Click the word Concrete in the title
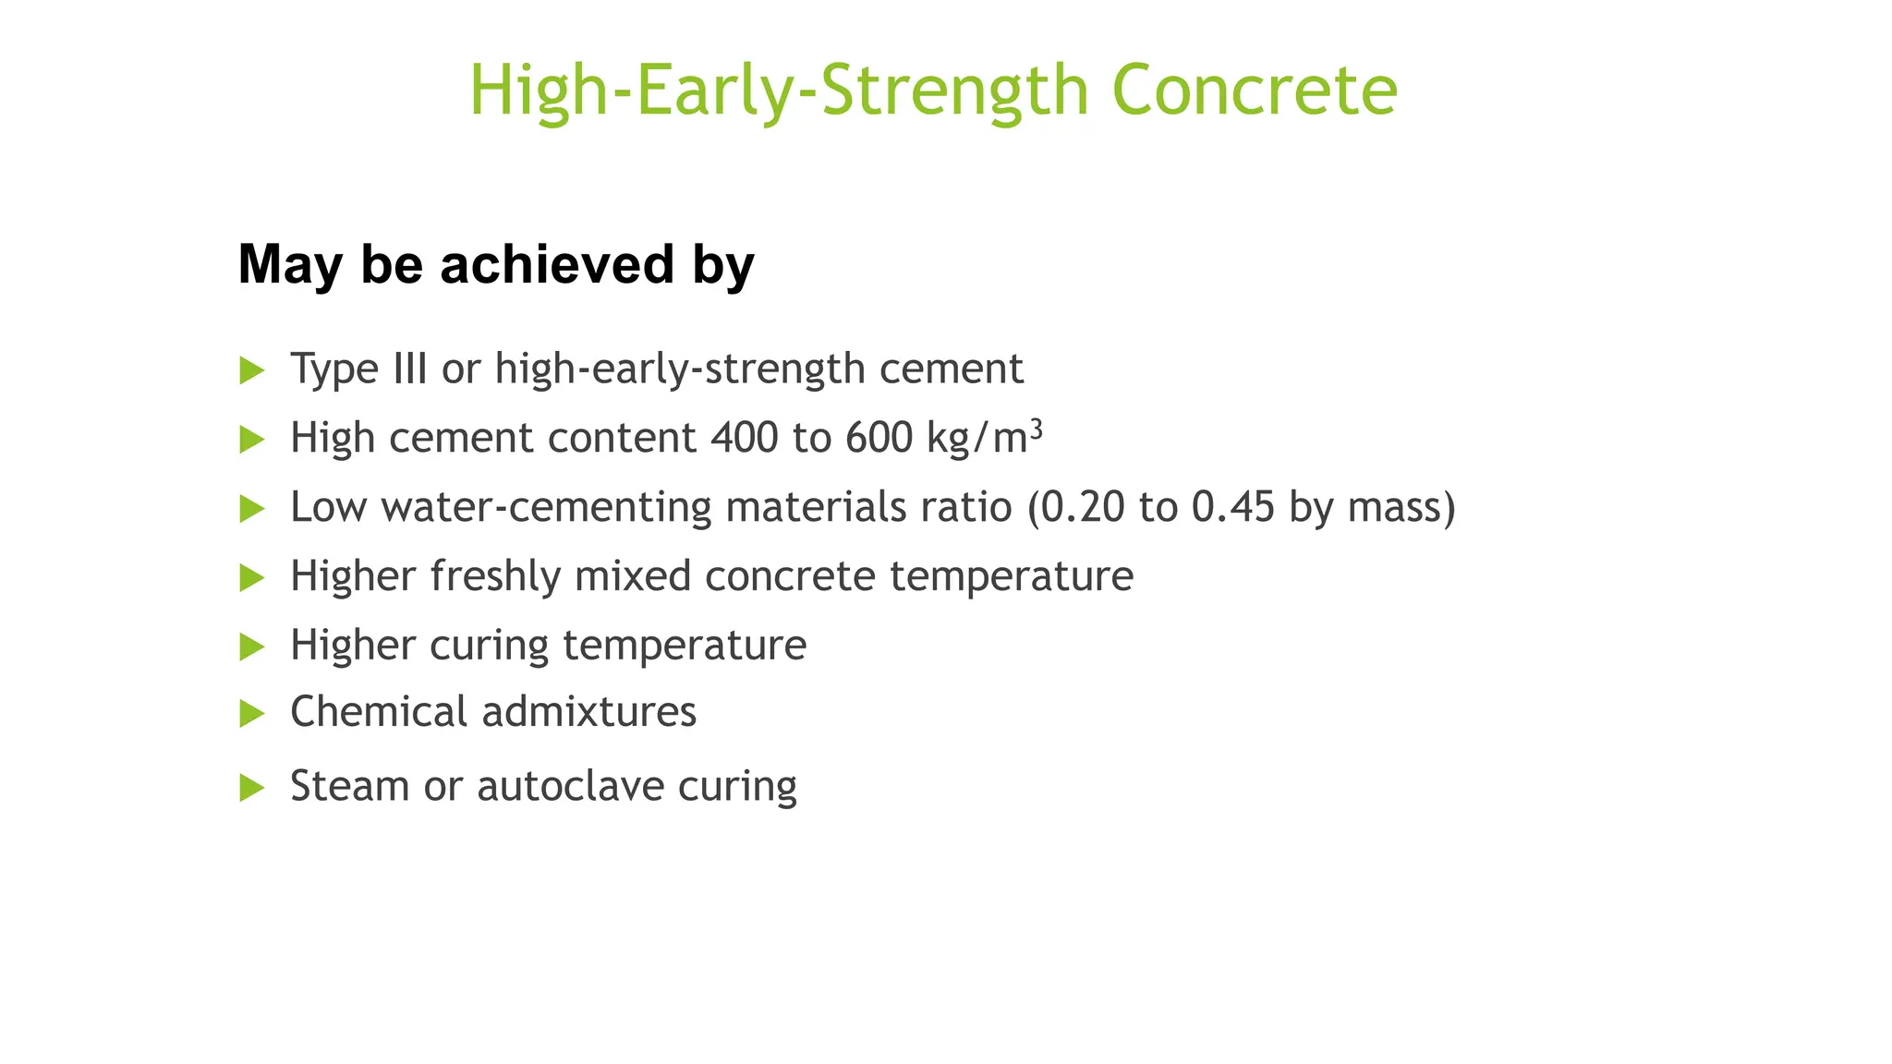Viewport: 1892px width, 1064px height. (x=1254, y=91)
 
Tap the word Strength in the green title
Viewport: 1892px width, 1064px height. (x=954, y=91)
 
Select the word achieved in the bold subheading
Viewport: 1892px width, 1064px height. (x=558, y=264)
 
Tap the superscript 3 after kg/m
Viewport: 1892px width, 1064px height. (x=1037, y=428)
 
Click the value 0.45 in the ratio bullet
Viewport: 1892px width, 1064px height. (x=1232, y=507)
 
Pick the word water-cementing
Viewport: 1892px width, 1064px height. (x=546, y=507)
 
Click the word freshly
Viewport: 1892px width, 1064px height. (x=495, y=576)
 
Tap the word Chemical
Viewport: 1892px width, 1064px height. (x=379, y=712)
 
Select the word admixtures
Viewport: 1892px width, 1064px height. (x=588, y=712)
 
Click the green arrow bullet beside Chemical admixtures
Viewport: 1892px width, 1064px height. (x=251, y=714)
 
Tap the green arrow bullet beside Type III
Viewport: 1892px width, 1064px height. (x=251, y=370)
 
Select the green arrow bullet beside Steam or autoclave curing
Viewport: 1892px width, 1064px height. (x=251, y=788)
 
